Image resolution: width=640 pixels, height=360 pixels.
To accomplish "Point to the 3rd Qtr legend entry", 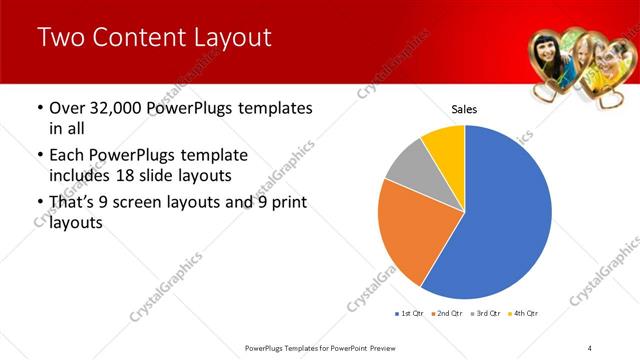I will pos(487,313).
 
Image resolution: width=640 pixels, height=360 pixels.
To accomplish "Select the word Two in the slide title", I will pos(62,38).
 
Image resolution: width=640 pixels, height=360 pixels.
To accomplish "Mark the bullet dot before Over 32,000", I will pos(39,108).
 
